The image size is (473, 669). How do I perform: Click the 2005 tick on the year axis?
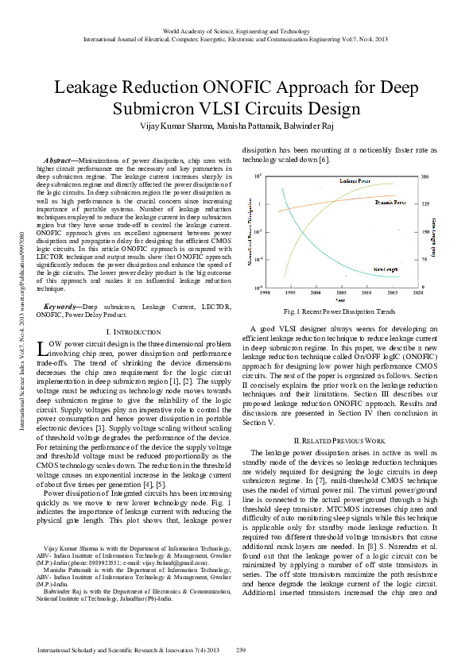pyautogui.click(x=341, y=292)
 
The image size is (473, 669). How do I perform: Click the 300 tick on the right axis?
pyautogui.click(x=425, y=176)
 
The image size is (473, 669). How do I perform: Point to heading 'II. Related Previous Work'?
pyautogui.click(x=339, y=439)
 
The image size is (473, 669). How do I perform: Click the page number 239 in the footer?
pyautogui.click(x=241, y=651)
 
